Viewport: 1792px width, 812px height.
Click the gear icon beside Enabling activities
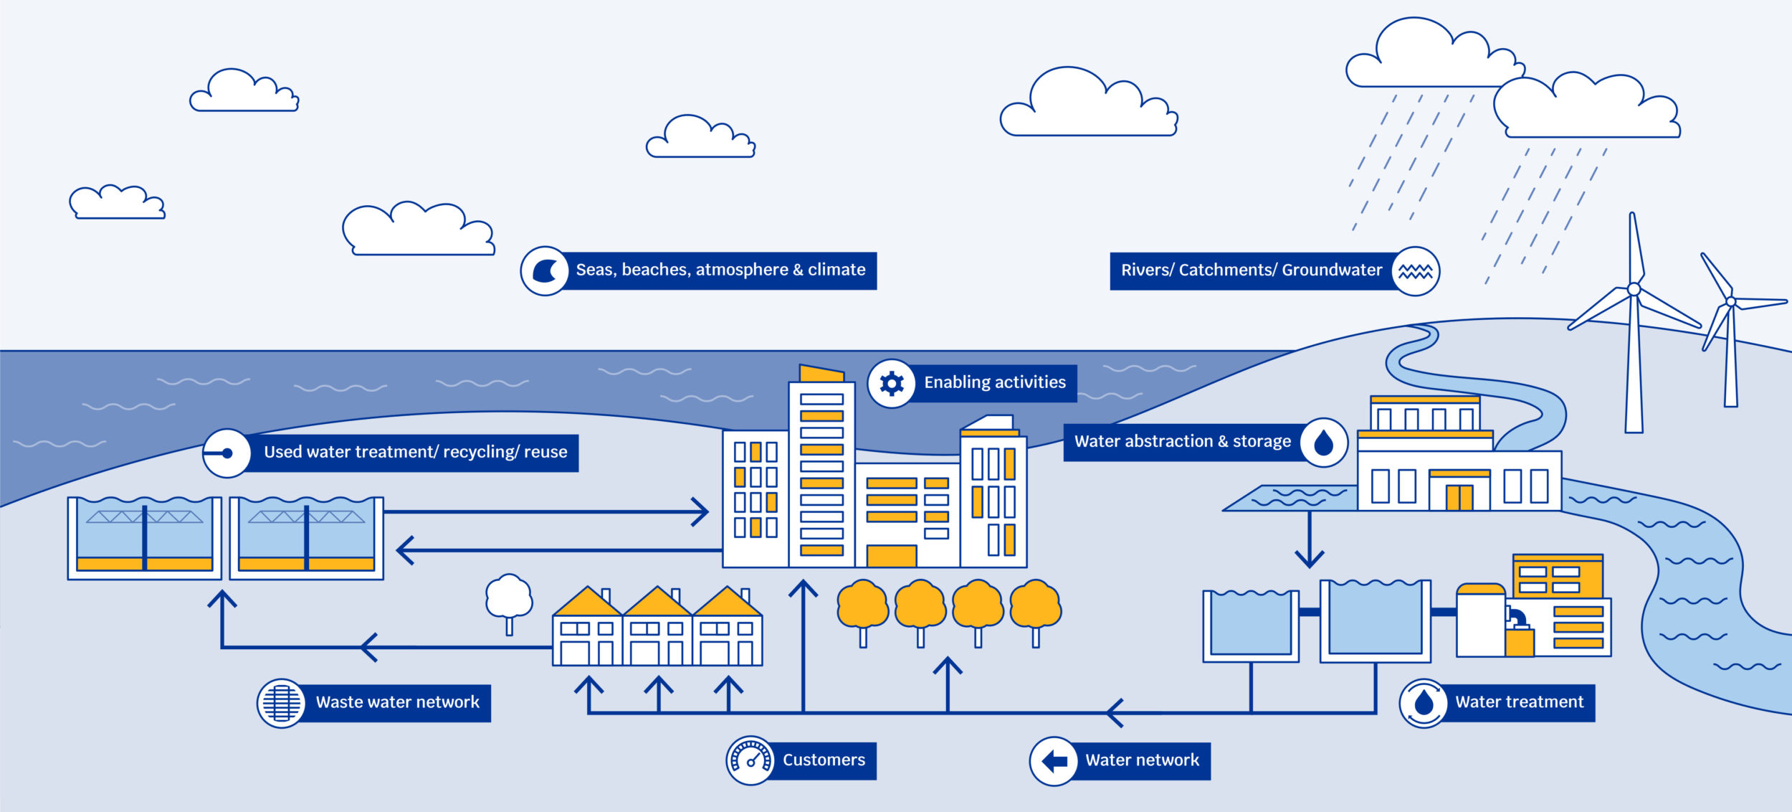pos(891,384)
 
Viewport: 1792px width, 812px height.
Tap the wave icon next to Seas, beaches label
pos(545,271)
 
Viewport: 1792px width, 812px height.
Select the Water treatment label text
pos(1519,702)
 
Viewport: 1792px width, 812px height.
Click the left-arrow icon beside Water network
pos(1054,761)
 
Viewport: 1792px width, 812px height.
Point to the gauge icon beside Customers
pos(750,760)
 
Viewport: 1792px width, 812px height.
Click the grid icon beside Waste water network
pos(281,703)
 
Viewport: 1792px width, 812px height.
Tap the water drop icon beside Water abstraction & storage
pos(1323,443)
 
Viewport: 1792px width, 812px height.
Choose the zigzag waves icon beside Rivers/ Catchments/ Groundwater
pos(1415,271)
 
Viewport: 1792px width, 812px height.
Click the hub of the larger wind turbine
pos(1634,289)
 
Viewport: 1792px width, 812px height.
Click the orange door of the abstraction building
pos(1459,497)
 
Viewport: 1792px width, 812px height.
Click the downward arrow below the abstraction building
pos(1309,557)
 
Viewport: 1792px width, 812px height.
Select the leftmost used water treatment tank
pos(145,538)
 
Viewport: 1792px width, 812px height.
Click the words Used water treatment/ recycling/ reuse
pos(415,453)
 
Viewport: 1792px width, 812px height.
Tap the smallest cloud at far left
pos(117,203)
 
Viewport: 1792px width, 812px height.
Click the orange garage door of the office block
pos(891,556)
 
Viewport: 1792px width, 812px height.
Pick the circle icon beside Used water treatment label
pos(227,453)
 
